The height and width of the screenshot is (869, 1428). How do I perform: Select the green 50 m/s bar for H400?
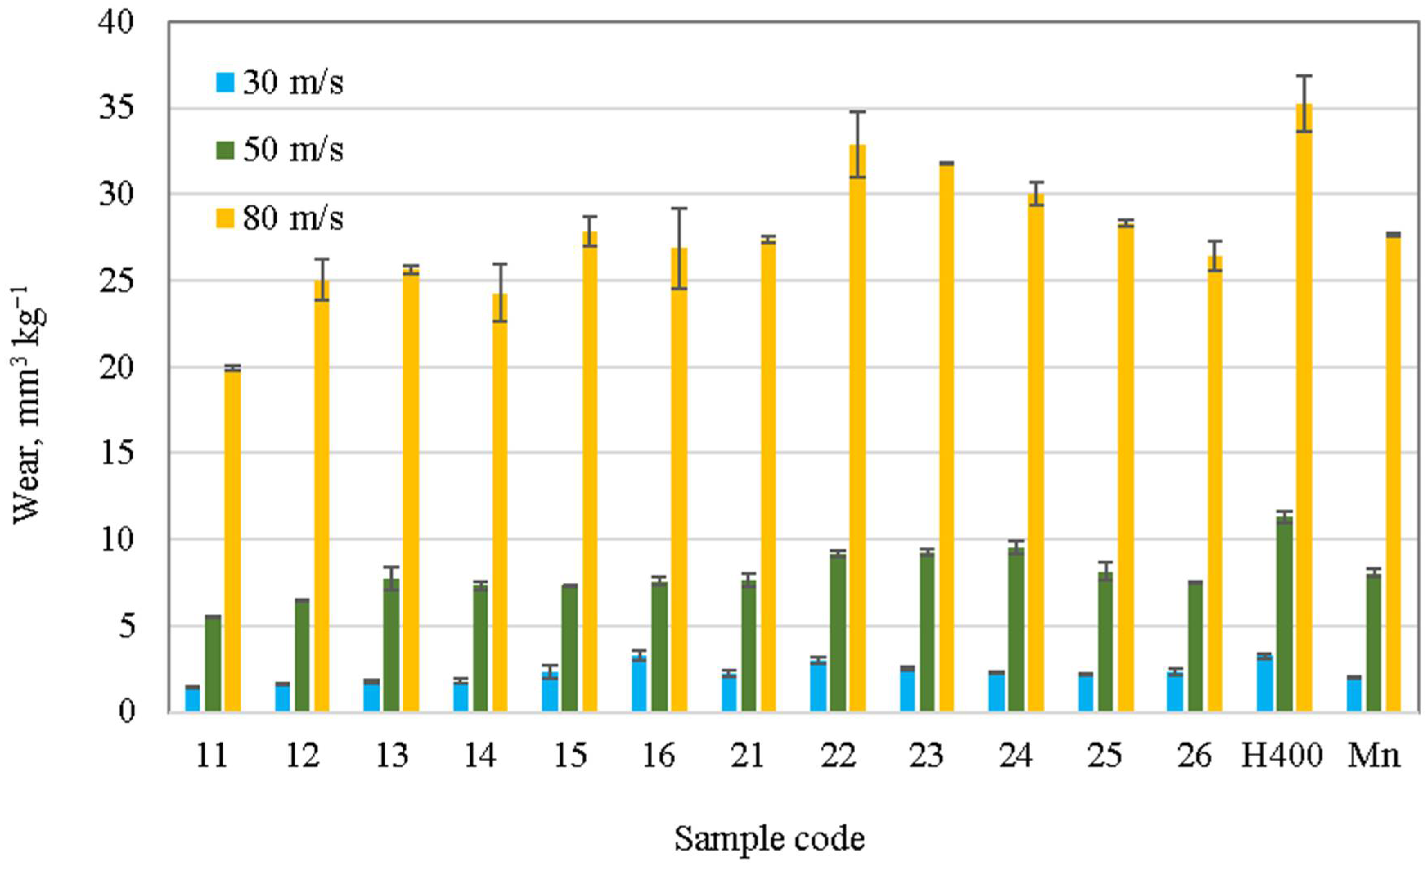click(1284, 615)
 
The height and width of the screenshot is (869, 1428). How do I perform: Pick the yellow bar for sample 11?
click(232, 539)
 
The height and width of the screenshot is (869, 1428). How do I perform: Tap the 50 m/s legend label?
click(292, 150)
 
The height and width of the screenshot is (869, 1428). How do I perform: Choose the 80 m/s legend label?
click(292, 218)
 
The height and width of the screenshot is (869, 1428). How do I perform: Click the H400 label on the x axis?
click(1282, 755)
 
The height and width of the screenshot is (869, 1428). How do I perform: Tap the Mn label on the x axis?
click(1374, 755)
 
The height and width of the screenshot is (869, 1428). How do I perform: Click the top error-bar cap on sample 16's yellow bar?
click(679, 208)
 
